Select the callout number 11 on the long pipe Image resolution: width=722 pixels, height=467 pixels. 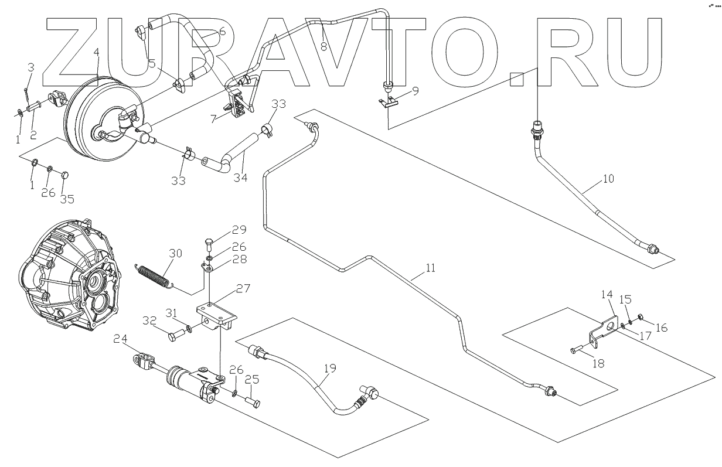[431, 270]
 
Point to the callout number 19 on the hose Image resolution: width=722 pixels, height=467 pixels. [331, 370]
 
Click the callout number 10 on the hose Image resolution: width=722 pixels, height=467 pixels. [608, 179]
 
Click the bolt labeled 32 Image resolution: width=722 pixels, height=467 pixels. [174, 337]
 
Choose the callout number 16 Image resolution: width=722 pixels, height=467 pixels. [661, 328]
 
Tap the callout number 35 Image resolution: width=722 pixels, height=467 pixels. [67, 199]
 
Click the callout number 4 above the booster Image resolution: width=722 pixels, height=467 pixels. [96, 52]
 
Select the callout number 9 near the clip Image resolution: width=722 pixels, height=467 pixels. [415, 91]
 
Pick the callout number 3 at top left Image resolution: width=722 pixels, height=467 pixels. [32, 69]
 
